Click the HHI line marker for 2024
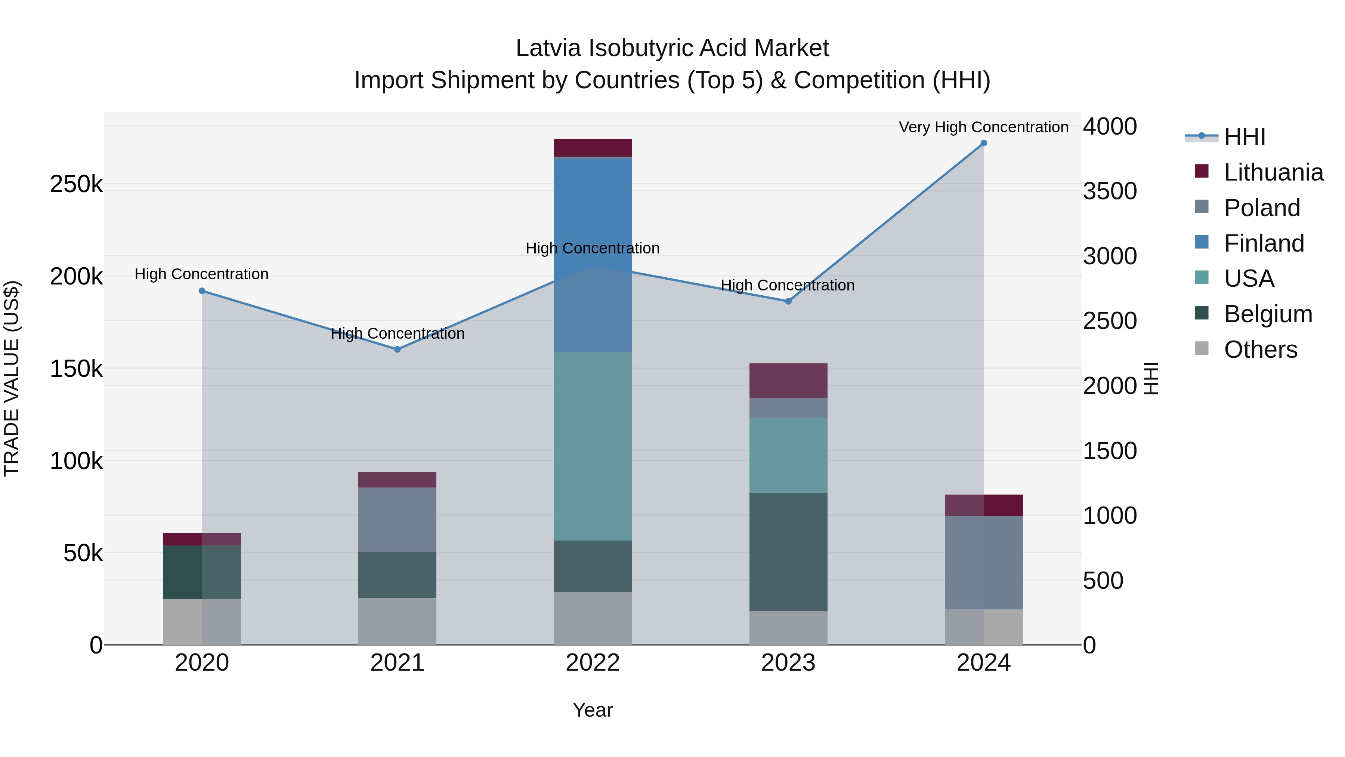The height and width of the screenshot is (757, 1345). (x=984, y=143)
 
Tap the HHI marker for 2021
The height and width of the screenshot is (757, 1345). (x=398, y=350)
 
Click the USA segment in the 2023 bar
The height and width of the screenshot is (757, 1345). (x=788, y=455)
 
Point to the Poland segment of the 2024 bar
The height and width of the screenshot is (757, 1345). (x=984, y=562)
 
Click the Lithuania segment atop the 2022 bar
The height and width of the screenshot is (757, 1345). (x=593, y=147)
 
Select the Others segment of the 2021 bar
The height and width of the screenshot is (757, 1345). (x=398, y=621)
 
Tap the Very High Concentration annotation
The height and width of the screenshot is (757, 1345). (x=984, y=127)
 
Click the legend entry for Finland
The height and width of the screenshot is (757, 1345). (x=1264, y=243)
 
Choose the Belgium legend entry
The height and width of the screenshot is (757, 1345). (x=1268, y=314)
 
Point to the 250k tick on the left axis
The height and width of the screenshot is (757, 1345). (x=76, y=184)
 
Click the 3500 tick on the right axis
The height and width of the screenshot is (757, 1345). (x=1110, y=191)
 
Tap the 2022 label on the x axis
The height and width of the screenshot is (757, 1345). (x=593, y=663)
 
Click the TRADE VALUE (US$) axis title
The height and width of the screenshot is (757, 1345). (x=12, y=378)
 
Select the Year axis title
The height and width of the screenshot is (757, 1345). (x=593, y=710)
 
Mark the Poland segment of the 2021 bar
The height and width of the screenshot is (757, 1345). (x=398, y=520)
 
